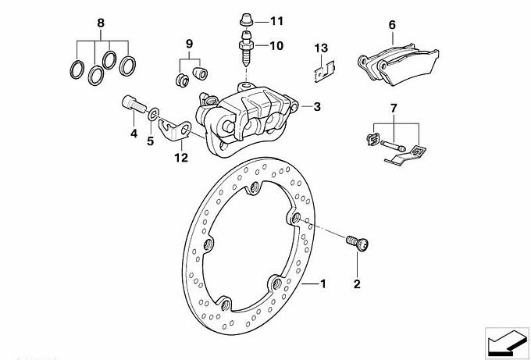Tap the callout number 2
tap(357, 284)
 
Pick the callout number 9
tap(188, 41)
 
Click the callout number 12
tap(181, 156)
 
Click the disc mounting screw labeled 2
tap(359, 244)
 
